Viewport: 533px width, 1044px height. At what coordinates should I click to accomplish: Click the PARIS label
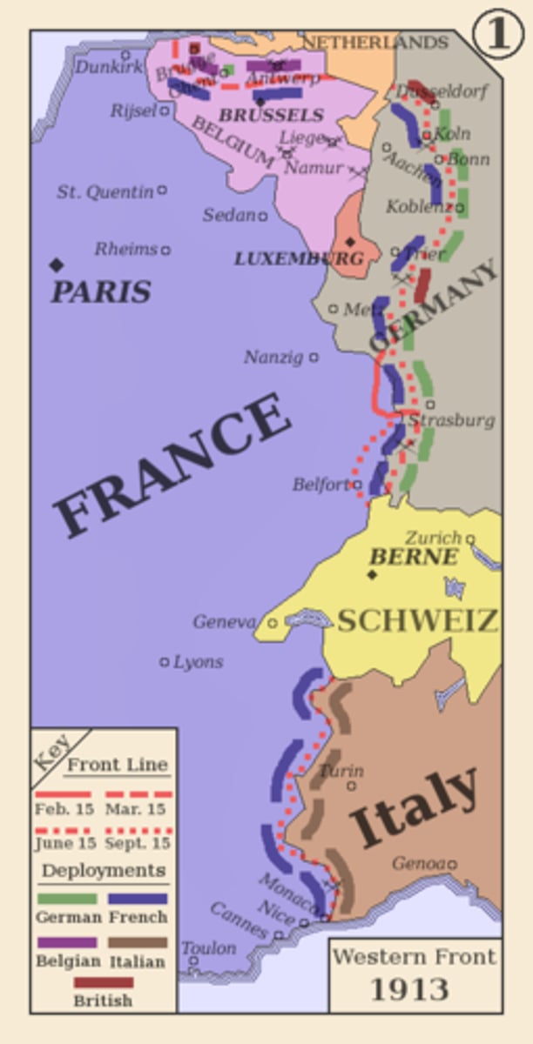[100, 291]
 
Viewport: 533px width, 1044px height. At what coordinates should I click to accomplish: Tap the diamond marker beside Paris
[57, 264]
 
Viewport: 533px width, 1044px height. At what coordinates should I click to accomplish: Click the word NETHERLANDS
[374, 43]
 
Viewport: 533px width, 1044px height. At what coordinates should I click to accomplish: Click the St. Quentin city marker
[162, 190]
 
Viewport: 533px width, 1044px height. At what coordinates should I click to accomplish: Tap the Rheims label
[125, 250]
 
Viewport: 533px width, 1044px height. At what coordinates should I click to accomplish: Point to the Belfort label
[320, 485]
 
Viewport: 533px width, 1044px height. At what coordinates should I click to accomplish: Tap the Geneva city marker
[272, 623]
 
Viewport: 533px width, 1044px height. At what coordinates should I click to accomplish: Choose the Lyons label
[199, 662]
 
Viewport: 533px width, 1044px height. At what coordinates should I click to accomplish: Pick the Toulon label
[209, 948]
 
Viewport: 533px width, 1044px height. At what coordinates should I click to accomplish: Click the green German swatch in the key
[66, 899]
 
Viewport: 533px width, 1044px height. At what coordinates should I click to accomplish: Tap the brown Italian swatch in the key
[138, 942]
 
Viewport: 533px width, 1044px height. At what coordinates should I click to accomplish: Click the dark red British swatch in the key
[103, 983]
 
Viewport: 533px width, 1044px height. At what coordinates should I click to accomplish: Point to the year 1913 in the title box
[409, 989]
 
